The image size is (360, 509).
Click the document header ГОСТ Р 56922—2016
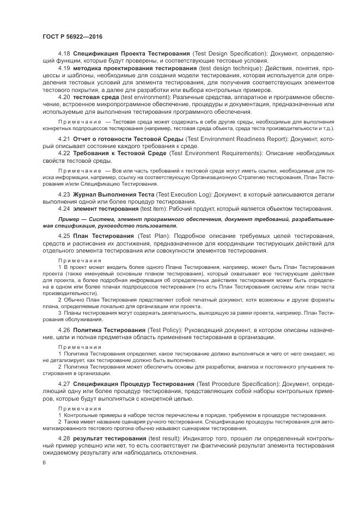tap(72, 36)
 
